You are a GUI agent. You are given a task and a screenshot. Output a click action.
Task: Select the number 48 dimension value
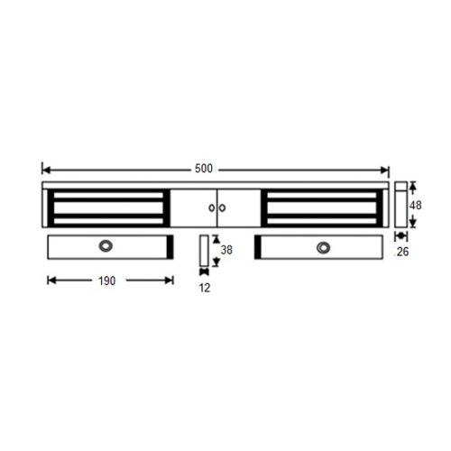pyautogui.click(x=416, y=206)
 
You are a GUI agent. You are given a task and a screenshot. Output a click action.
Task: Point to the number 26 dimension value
pyautogui.click(x=402, y=253)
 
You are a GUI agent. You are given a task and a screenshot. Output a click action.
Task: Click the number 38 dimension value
pyautogui.click(x=226, y=251)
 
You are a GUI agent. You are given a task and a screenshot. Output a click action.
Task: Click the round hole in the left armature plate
pyautogui.click(x=108, y=246)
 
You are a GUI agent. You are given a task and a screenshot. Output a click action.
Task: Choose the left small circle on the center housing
pyautogui.click(x=212, y=208)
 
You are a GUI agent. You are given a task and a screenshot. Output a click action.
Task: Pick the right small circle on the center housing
pyautogui.click(x=221, y=208)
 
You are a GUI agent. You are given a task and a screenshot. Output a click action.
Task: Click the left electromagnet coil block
pyautogui.click(x=106, y=207)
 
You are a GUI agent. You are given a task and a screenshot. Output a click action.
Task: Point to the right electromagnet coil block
pyautogui.click(x=322, y=207)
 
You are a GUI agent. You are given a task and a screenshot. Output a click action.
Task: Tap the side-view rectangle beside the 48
pyautogui.click(x=400, y=206)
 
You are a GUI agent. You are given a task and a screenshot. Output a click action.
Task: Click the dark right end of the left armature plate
pyautogui.click(x=169, y=246)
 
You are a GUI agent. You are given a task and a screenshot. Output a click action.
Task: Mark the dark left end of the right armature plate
pyautogui.click(x=259, y=246)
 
